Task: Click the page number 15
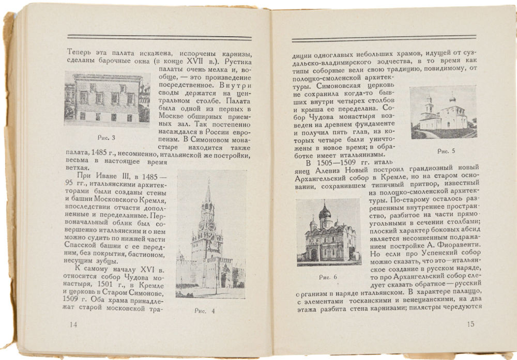pyautogui.click(x=470, y=324)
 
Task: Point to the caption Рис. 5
pyautogui.click(x=446, y=151)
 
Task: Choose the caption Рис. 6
pyautogui.click(x=328, y=277)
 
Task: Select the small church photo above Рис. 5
pyautogui.click(x=443, y=112)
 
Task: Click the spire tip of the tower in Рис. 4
pyautogui.click(x=208, y=180)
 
